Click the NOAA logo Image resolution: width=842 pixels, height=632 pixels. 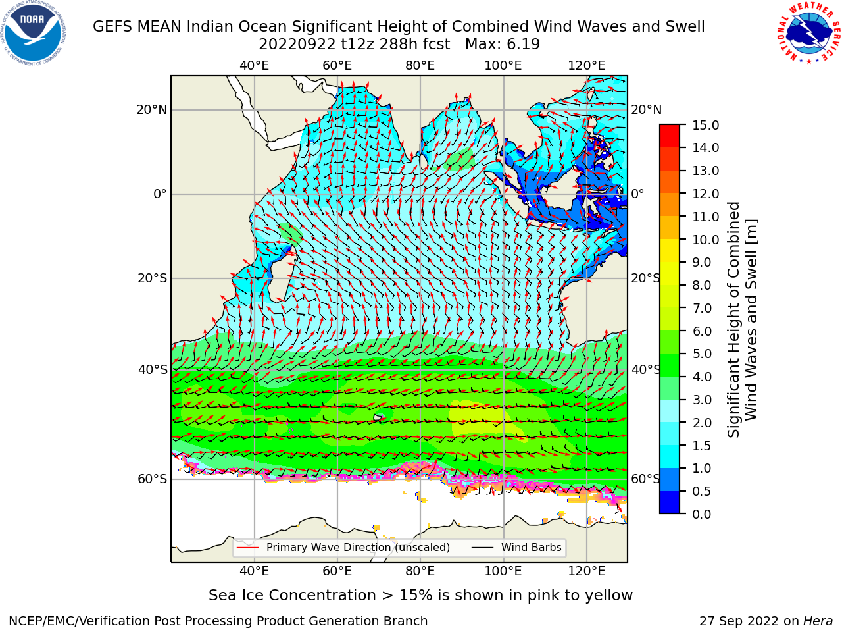tap(34, 34)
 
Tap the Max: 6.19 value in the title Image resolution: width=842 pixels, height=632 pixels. tap(503, 45)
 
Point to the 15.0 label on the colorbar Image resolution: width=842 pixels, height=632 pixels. tap(705, 125)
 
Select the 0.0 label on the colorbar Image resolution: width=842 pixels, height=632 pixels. tap(702, 514)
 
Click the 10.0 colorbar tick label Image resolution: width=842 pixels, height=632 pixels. tap(705, 240)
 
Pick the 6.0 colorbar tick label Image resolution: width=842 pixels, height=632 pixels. tap(702, 331)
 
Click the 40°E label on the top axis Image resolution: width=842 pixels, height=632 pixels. tap(255, 66)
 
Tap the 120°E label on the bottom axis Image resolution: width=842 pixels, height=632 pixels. tap(587, 571)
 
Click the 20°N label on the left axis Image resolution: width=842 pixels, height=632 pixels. tap(152, 110)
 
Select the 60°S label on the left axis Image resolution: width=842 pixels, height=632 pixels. tap(153, 479)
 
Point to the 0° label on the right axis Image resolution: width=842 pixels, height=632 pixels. tap(637, 194)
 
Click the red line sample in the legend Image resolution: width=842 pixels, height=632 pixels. tap(247, 548)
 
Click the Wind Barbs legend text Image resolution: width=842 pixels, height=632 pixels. tap(532, 548)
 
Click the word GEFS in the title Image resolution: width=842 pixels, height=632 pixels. tap(114, 27)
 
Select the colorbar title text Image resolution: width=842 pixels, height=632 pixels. tap(742, 319)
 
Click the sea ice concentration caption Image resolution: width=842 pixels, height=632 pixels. tap(420, 596)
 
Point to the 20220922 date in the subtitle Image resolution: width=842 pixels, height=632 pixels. tap(297, 45)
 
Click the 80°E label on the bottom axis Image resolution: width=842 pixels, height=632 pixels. tap(420, 571)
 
